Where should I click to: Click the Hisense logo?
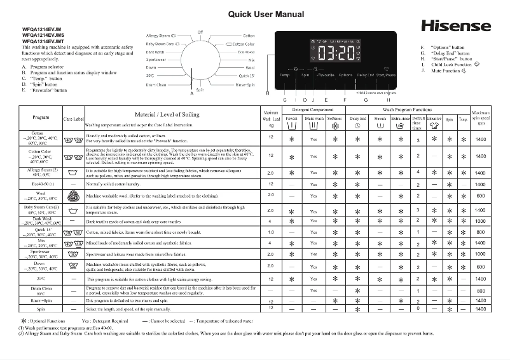pos(456,27)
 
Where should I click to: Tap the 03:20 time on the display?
pos(336,53)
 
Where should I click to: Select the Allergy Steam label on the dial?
pos(161,36)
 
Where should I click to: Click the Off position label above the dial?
pos(200,31)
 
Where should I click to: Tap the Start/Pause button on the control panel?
pos(385,75)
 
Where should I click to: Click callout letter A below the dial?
pos(191,93)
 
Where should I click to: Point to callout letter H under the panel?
pos(388,100)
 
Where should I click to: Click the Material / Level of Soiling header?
pos(167,115)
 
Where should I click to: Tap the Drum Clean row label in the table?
pos(41,290)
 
